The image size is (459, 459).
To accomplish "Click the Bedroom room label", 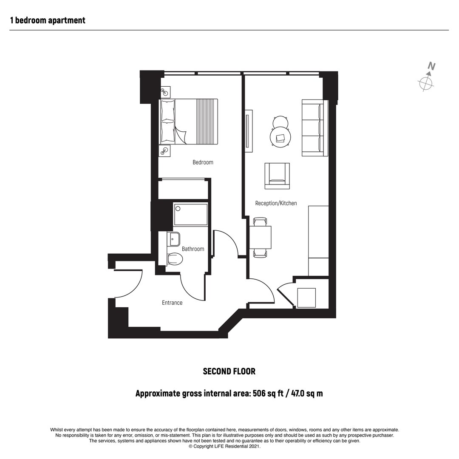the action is click(203, 162).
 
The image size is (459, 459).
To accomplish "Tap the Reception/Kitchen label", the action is click(276, 203).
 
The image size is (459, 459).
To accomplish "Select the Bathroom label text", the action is click(193, 249).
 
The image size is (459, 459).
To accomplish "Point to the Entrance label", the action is click(172, 303).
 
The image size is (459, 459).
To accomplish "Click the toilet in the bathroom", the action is click(175, 259).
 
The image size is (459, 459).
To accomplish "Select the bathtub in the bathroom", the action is click(190, 214).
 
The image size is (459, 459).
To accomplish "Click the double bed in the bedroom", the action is click(188, 122).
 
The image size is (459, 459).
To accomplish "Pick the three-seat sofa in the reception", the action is click(314, 128).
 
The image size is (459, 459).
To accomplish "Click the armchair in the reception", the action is click(277, 176).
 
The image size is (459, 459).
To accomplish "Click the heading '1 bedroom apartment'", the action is click(48, 20).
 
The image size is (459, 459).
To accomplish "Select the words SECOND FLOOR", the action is click(229, 371).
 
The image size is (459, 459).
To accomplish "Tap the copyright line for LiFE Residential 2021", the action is click(224, 446).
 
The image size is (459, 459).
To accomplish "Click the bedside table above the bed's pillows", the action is click(166, 92).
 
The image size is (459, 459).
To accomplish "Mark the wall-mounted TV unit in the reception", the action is click(249, 131).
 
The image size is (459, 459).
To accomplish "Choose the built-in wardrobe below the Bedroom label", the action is click(183, 190).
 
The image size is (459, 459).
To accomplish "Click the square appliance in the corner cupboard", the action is click(306, 297).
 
